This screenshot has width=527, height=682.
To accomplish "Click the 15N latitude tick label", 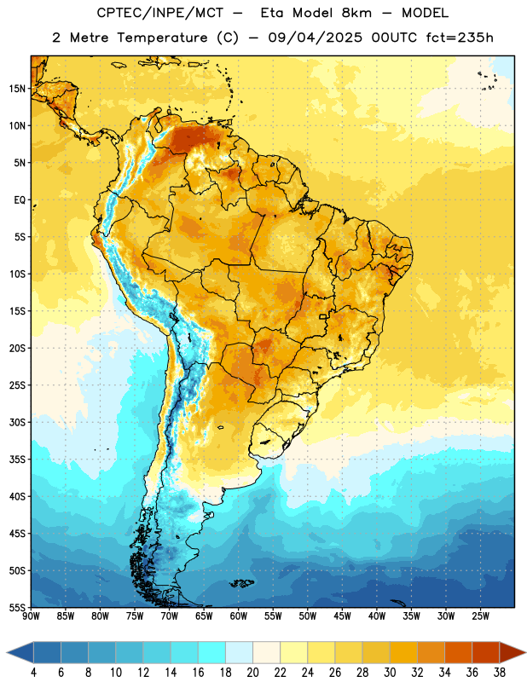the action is (17, 89).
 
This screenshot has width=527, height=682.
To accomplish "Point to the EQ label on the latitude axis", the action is (20, 200).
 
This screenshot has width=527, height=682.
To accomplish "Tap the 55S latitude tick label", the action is (17, 607).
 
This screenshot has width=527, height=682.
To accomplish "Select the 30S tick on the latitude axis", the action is (17, 422).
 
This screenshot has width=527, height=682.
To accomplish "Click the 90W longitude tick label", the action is (31, 616).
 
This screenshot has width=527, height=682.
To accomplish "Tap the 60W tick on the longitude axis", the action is (239, 616).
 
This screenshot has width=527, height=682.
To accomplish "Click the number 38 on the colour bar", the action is (500, 673).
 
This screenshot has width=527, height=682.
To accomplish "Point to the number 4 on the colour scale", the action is (33, 673).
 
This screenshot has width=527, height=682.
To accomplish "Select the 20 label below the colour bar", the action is (252, 673).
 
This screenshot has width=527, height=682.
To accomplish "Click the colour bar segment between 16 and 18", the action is (211, 652).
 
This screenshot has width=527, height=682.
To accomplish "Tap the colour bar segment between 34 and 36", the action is (458, 652).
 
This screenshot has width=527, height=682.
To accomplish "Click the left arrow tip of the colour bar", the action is (7, 652).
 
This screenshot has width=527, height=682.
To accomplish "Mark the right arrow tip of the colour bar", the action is (526, 652).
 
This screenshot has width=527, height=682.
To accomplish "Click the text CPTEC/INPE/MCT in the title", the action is (160, 13).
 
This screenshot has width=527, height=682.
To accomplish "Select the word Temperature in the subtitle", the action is (162, 38).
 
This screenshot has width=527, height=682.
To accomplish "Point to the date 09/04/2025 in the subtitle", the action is (315, 38).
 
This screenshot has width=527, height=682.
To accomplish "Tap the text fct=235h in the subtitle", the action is (460, 38).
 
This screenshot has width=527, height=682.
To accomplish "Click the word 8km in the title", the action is (356, 13).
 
